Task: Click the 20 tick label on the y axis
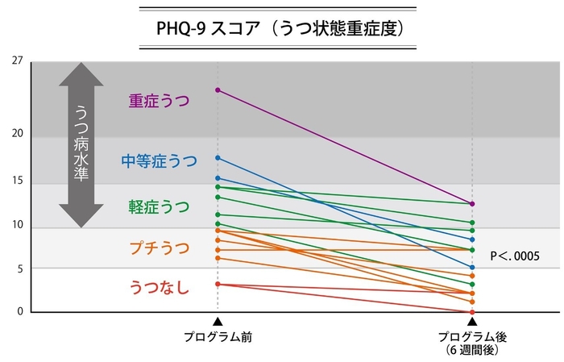[x=18, y=134]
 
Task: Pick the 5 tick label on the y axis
[x=18, y=268]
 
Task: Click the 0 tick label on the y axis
[x=18, y=311]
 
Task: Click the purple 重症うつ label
[x=159, y=101]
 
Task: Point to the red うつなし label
[x=159, y=286]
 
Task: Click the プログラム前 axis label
[x=217, y=336]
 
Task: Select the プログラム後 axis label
[x=472, y=336]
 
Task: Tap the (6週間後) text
[x=472, y=351]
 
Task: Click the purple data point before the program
[x=217, y=89]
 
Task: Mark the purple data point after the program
[x=472, y=203]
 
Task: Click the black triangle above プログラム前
[x=217, y=322]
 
